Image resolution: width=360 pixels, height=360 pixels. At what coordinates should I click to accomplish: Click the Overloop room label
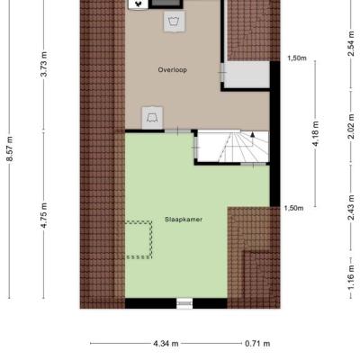coord(173,70)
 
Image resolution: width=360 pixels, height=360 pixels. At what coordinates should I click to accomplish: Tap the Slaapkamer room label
coord(184,220)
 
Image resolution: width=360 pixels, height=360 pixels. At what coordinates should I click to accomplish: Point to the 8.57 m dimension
coord(10,148)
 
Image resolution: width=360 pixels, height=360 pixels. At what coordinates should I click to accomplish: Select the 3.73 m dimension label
coord(44,64)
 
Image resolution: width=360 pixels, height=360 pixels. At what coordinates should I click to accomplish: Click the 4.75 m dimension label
coord(44,215)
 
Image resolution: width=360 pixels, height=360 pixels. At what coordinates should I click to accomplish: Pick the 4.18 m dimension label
coord(316,134)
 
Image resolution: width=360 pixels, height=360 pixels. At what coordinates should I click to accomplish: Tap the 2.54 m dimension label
coord(351,43)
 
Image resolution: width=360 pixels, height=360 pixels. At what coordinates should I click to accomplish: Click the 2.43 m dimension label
coord(351,208)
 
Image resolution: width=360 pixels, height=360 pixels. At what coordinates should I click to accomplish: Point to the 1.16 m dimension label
coord(351,278)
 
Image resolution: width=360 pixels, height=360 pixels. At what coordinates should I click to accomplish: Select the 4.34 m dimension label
coord(166,344)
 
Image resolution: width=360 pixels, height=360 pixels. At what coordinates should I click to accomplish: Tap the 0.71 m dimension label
coord(257,344)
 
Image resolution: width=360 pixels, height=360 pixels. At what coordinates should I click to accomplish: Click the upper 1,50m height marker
coord(297,58)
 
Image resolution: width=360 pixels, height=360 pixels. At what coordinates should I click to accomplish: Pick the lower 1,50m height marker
coord(293,208)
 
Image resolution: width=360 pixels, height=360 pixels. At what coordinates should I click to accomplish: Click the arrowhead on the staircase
coord(253,134)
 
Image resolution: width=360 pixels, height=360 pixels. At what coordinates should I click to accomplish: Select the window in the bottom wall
coord(184,303)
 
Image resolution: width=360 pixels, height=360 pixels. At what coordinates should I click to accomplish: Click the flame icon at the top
coord(138,4)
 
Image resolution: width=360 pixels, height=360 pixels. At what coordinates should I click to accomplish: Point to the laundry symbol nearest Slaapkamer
coord(152,117)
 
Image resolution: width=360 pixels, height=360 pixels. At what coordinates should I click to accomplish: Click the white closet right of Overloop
coord(247,75)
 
